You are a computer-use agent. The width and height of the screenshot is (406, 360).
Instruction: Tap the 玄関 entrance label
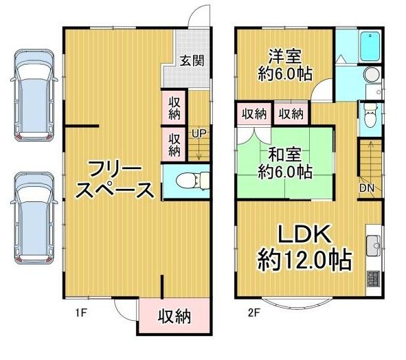coord(192,60)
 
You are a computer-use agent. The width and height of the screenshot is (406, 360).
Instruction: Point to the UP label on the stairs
coord(199,133)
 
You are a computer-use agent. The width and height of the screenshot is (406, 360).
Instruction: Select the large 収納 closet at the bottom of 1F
coord(174,317)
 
